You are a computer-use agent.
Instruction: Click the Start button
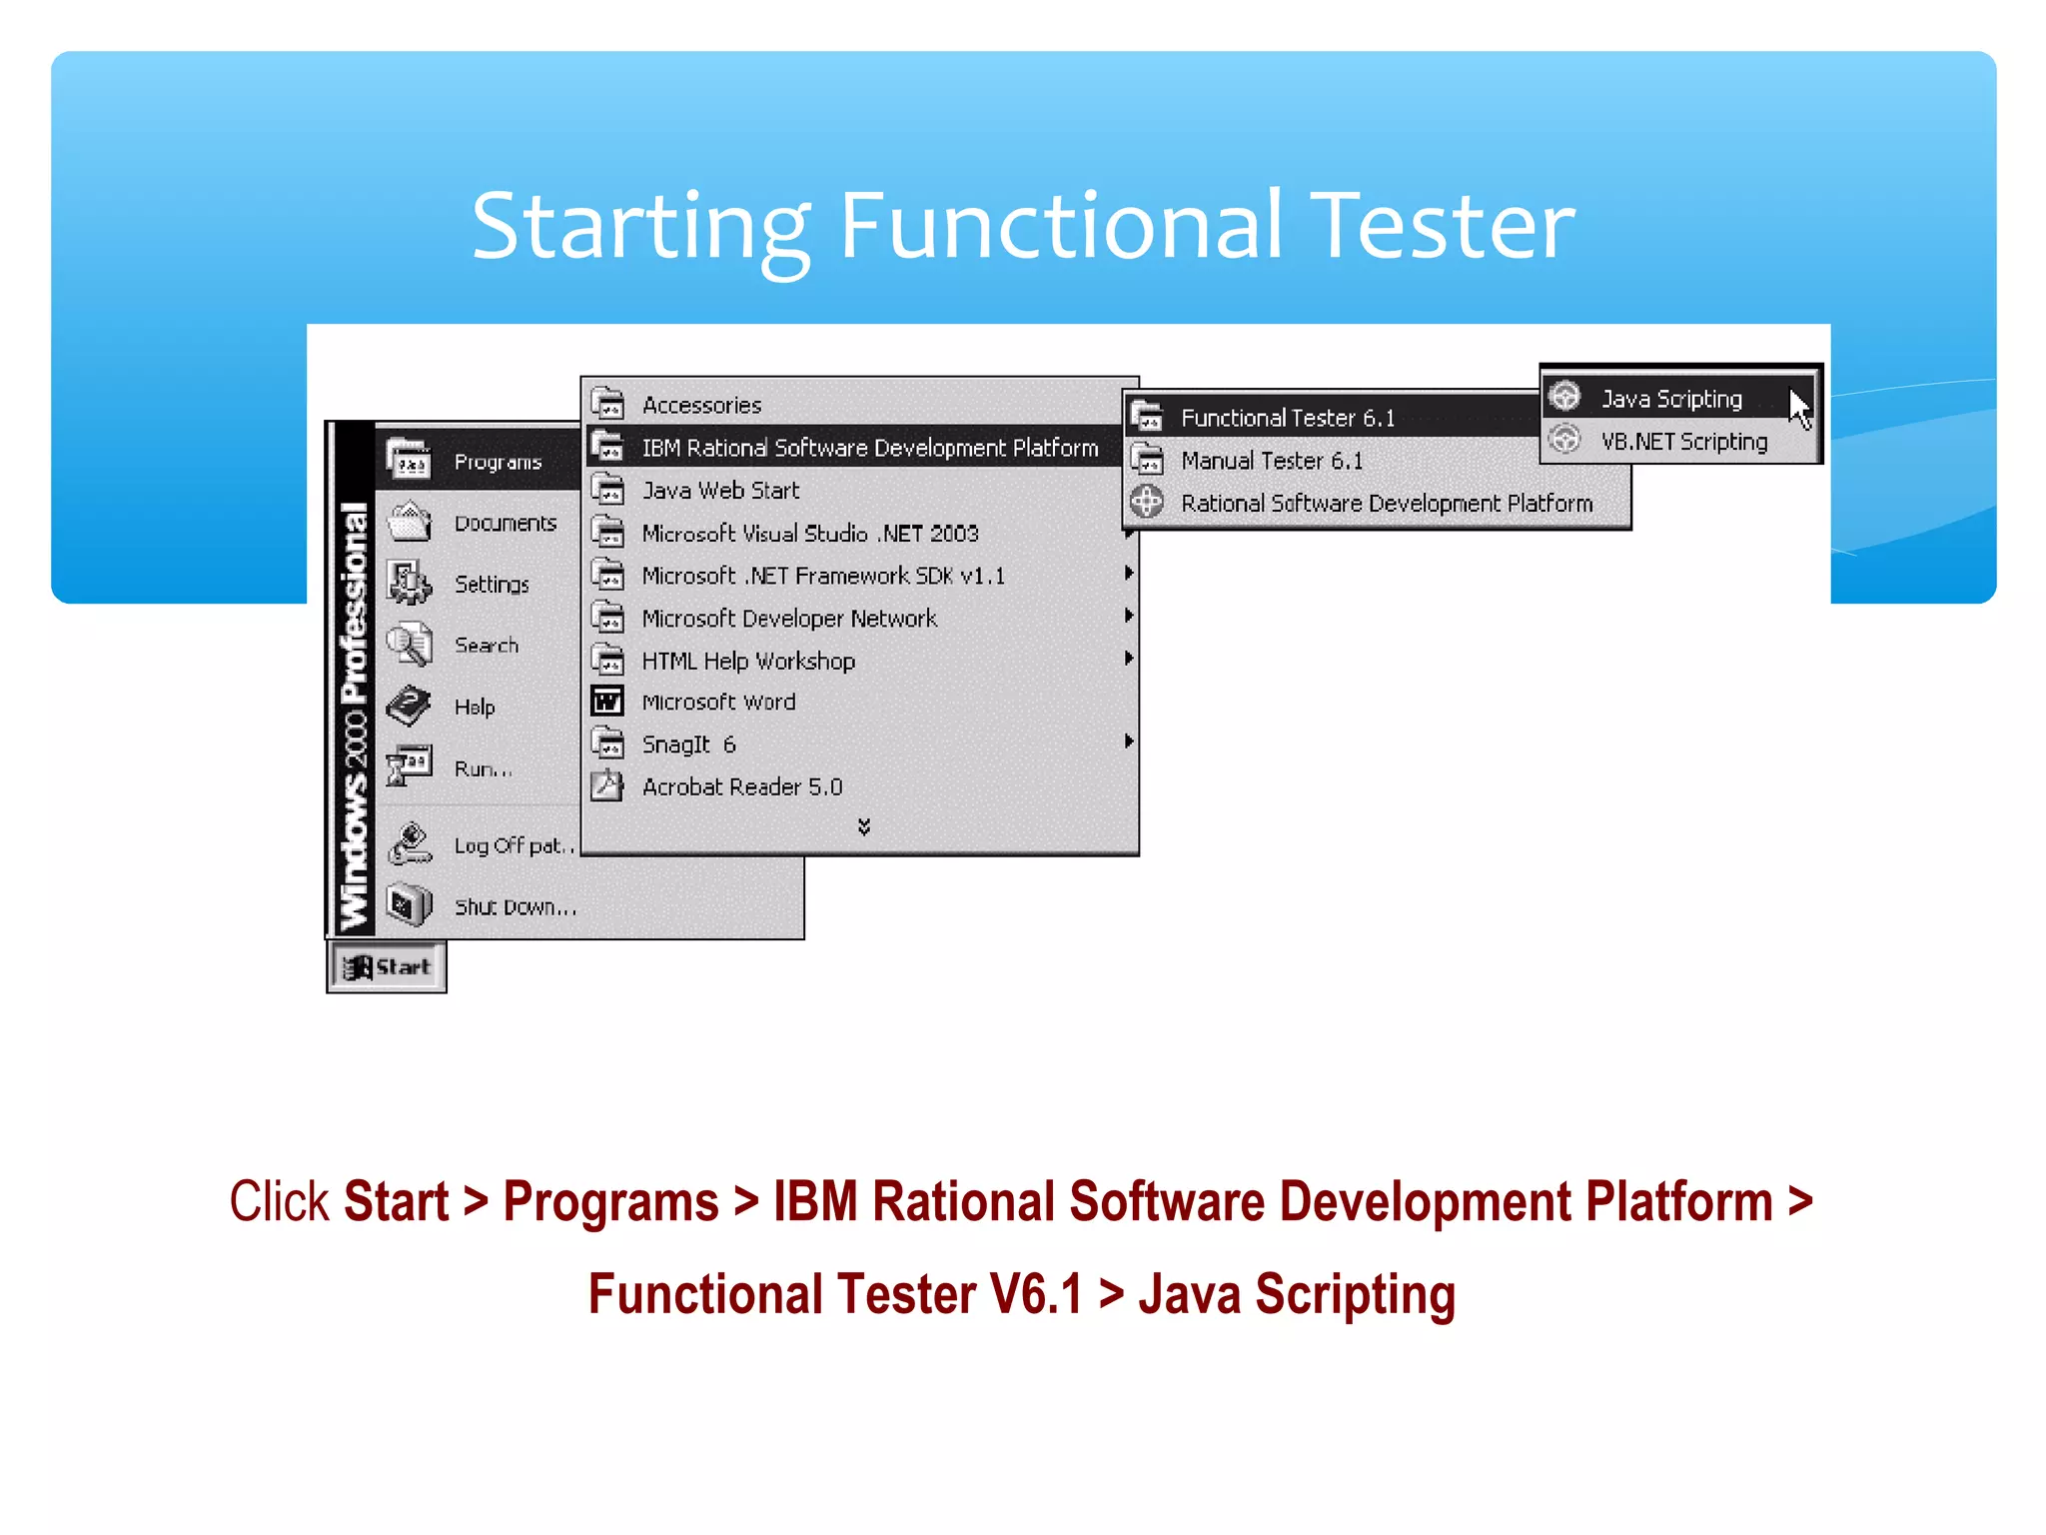[x=387, y=967]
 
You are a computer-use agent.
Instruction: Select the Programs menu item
[x=497, y=462]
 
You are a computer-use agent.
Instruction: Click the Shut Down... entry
[x=514, y=907]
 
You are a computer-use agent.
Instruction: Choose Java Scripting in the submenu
[x=1671, y=399]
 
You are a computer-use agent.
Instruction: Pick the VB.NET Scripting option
[x=1683, y=442]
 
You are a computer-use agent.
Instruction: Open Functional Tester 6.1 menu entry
[x=1287, y=418]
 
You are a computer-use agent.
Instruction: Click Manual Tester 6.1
[x=1271, y=461]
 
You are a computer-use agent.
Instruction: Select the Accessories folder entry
[x=701, y=405]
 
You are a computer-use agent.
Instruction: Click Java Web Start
[x=720, y=491]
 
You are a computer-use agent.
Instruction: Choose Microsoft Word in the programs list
[x=718, y=703]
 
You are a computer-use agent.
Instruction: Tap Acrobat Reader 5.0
[x=741, y=787]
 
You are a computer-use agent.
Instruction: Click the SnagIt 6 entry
[x=688, y=745]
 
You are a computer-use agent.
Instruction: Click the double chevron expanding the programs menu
[x=864, y=826]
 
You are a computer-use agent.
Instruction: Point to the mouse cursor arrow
[x=1799, y=408]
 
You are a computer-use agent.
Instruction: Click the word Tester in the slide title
[x=1442, y=227]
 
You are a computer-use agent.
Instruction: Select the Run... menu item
[x=483, y=768]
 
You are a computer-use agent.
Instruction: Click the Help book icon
[x=409, y=707]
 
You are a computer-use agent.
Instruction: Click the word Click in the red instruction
[x=279, y=1201]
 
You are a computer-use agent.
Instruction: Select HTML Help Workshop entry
[x=747, y=662]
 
